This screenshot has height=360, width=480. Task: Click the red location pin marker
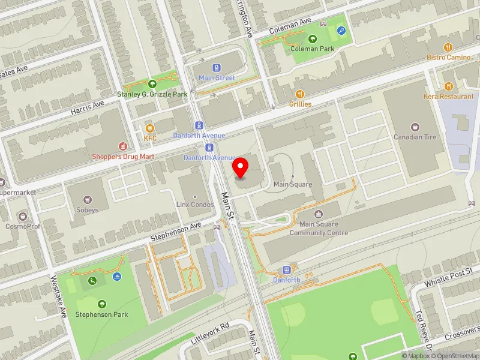pos(241,167)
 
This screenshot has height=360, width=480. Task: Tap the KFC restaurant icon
pos(150,128)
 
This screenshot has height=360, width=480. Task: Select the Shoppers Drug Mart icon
pos(123,146)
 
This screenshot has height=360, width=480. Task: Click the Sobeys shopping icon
pos(88,199)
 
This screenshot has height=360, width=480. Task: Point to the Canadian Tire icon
pos(415,127)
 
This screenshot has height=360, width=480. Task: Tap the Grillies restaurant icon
pos(300,94)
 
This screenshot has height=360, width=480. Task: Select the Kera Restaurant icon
pos(448,86)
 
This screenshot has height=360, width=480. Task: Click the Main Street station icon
pos(217,68)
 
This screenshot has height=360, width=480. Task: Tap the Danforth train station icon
pos(287,269)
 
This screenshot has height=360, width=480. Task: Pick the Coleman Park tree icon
pos(312,39)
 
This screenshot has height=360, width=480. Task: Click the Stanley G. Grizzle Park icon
pos(152,84)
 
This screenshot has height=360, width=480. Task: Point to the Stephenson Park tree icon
pos(101,304)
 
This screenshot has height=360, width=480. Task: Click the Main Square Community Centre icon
pos(319,214)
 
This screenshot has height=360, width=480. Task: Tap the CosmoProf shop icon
pos(23,215)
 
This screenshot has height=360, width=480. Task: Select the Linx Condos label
pos(194,204)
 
